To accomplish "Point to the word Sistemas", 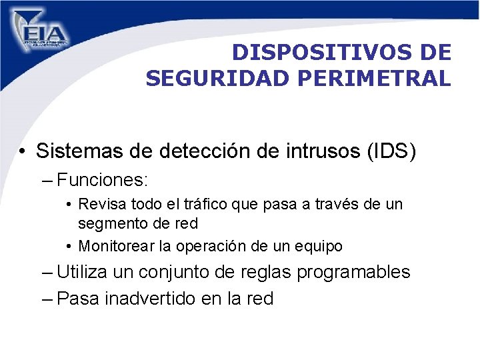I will click(x=78, y=151).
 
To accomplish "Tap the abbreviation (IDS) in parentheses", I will click(x=392, y=151).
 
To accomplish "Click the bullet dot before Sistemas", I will click(x=23, y=152).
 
